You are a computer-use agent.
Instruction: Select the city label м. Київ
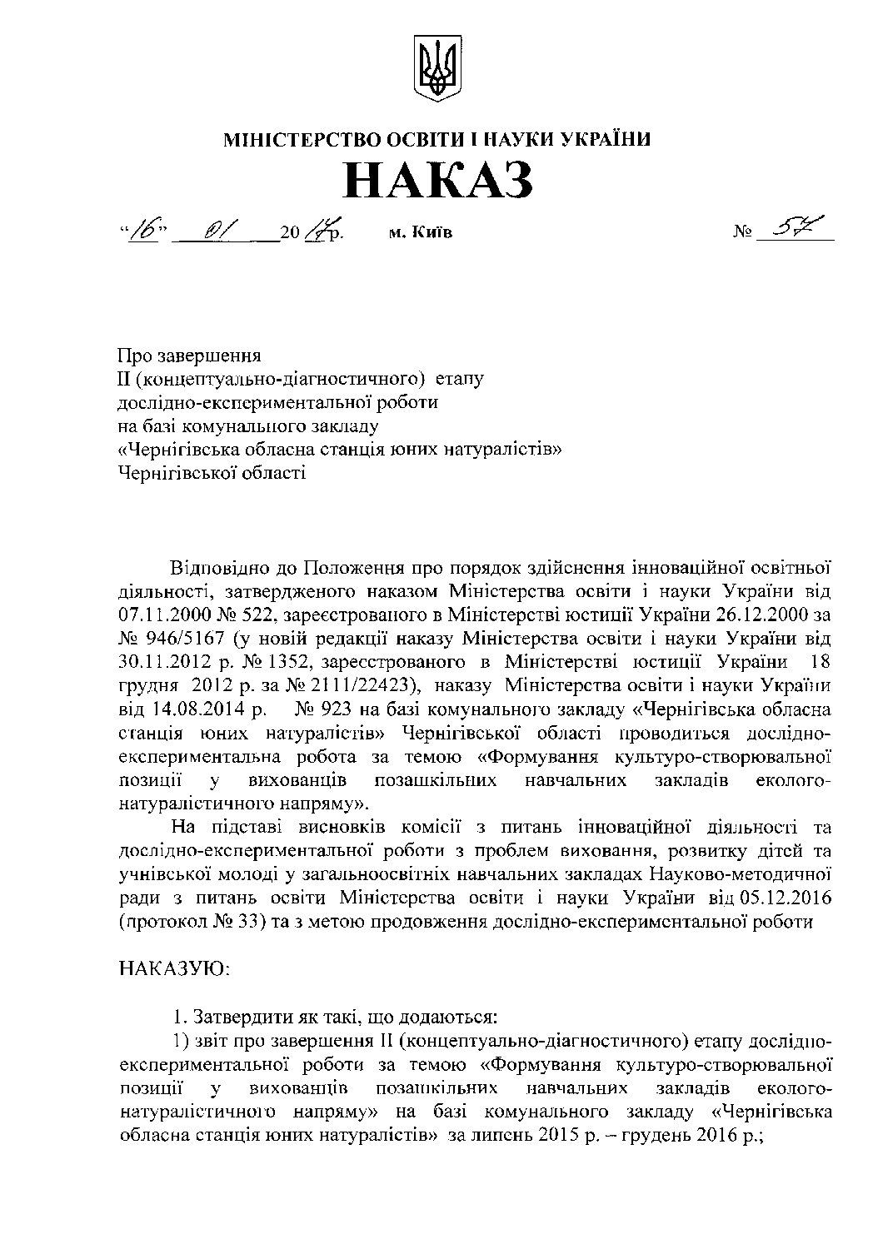(x=421, y=232)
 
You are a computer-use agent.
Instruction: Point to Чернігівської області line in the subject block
(x=212, y=473)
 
